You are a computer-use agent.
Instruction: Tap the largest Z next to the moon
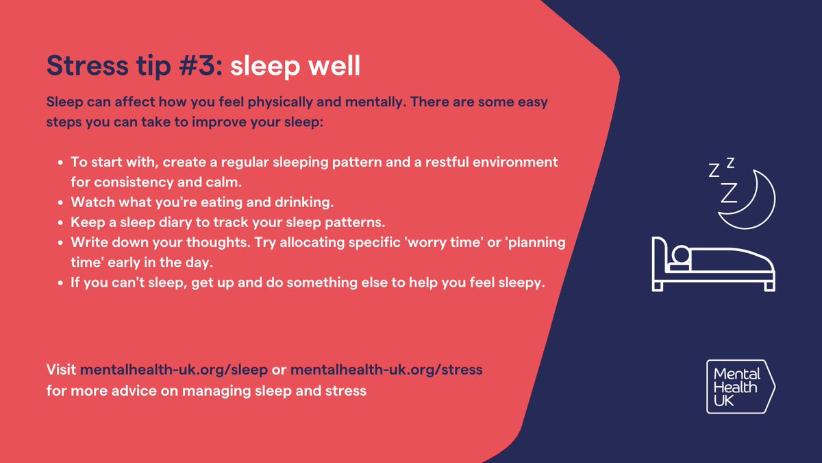pyautogui.click(x=729, y=193)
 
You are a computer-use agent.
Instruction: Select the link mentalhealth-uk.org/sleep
pyautogui.click(x=174, y=370)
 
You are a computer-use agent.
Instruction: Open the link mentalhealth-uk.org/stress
pyautogui.click(x=386, y=370)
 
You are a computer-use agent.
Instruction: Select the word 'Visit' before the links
pyautogui.click(x=62, y=370)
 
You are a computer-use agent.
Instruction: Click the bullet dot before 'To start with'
pyautogui.click(x=61, y=163)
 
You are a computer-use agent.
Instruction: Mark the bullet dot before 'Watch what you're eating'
pyautogui.click(x=61, y=203)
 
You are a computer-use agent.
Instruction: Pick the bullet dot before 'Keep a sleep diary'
pyautogui.click(x=61, y=224)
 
